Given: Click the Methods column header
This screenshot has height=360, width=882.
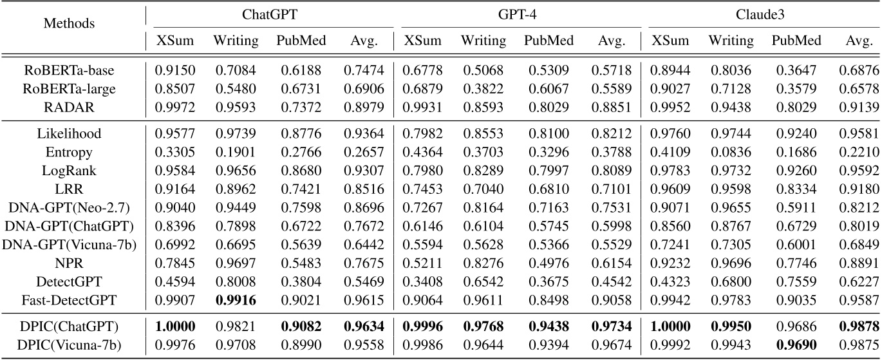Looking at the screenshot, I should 69,24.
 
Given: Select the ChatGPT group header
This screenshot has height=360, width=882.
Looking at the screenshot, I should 269,12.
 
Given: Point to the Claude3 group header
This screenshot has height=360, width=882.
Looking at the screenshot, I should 764,12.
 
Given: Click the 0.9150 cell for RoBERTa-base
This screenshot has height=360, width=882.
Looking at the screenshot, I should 174,69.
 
